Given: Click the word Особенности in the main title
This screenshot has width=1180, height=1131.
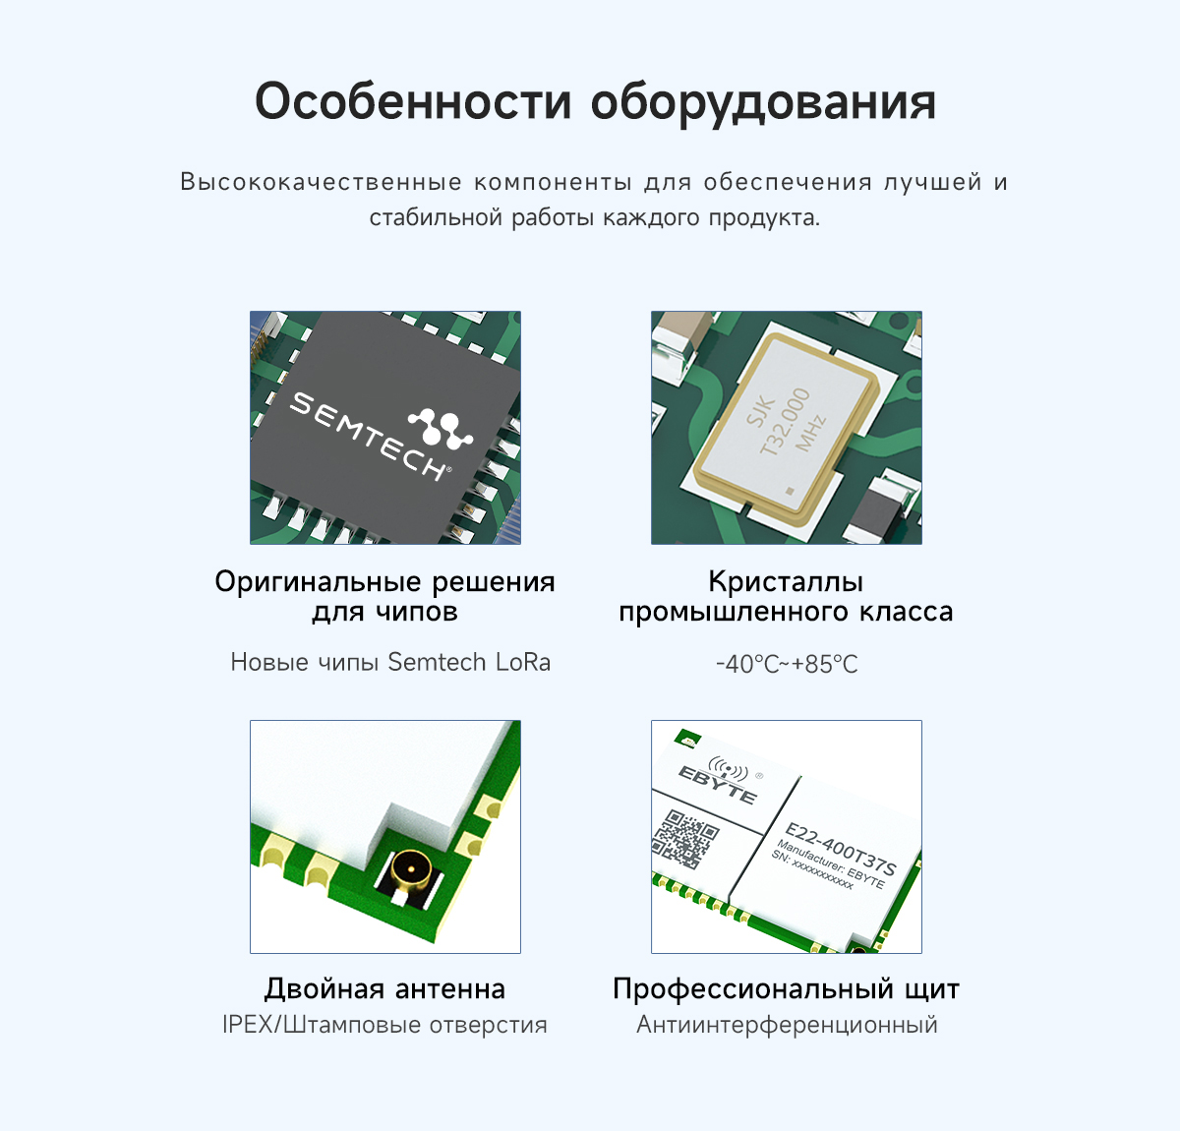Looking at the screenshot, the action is point(414,101).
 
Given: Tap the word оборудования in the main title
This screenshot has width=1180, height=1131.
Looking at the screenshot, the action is point(763,103).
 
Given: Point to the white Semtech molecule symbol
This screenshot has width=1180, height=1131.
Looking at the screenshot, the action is point(441,428).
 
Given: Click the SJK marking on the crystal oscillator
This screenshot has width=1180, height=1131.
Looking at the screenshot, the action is point(760,410).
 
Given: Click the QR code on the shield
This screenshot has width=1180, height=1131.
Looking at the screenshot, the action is point(685,839).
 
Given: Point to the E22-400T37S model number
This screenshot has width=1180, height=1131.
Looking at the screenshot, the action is point(840,849).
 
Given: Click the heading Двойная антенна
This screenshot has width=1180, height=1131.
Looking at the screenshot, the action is point(385,989).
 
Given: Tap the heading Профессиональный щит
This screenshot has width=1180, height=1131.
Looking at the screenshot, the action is point(786,989).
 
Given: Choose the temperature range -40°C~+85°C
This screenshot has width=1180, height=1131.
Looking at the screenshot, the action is point(787,664).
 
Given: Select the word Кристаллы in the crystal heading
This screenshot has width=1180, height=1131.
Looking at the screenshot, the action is point(786,581).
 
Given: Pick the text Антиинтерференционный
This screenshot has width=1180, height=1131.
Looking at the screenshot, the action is point(787,1025).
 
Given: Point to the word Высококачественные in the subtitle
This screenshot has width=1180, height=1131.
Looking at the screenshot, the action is point(322,182).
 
